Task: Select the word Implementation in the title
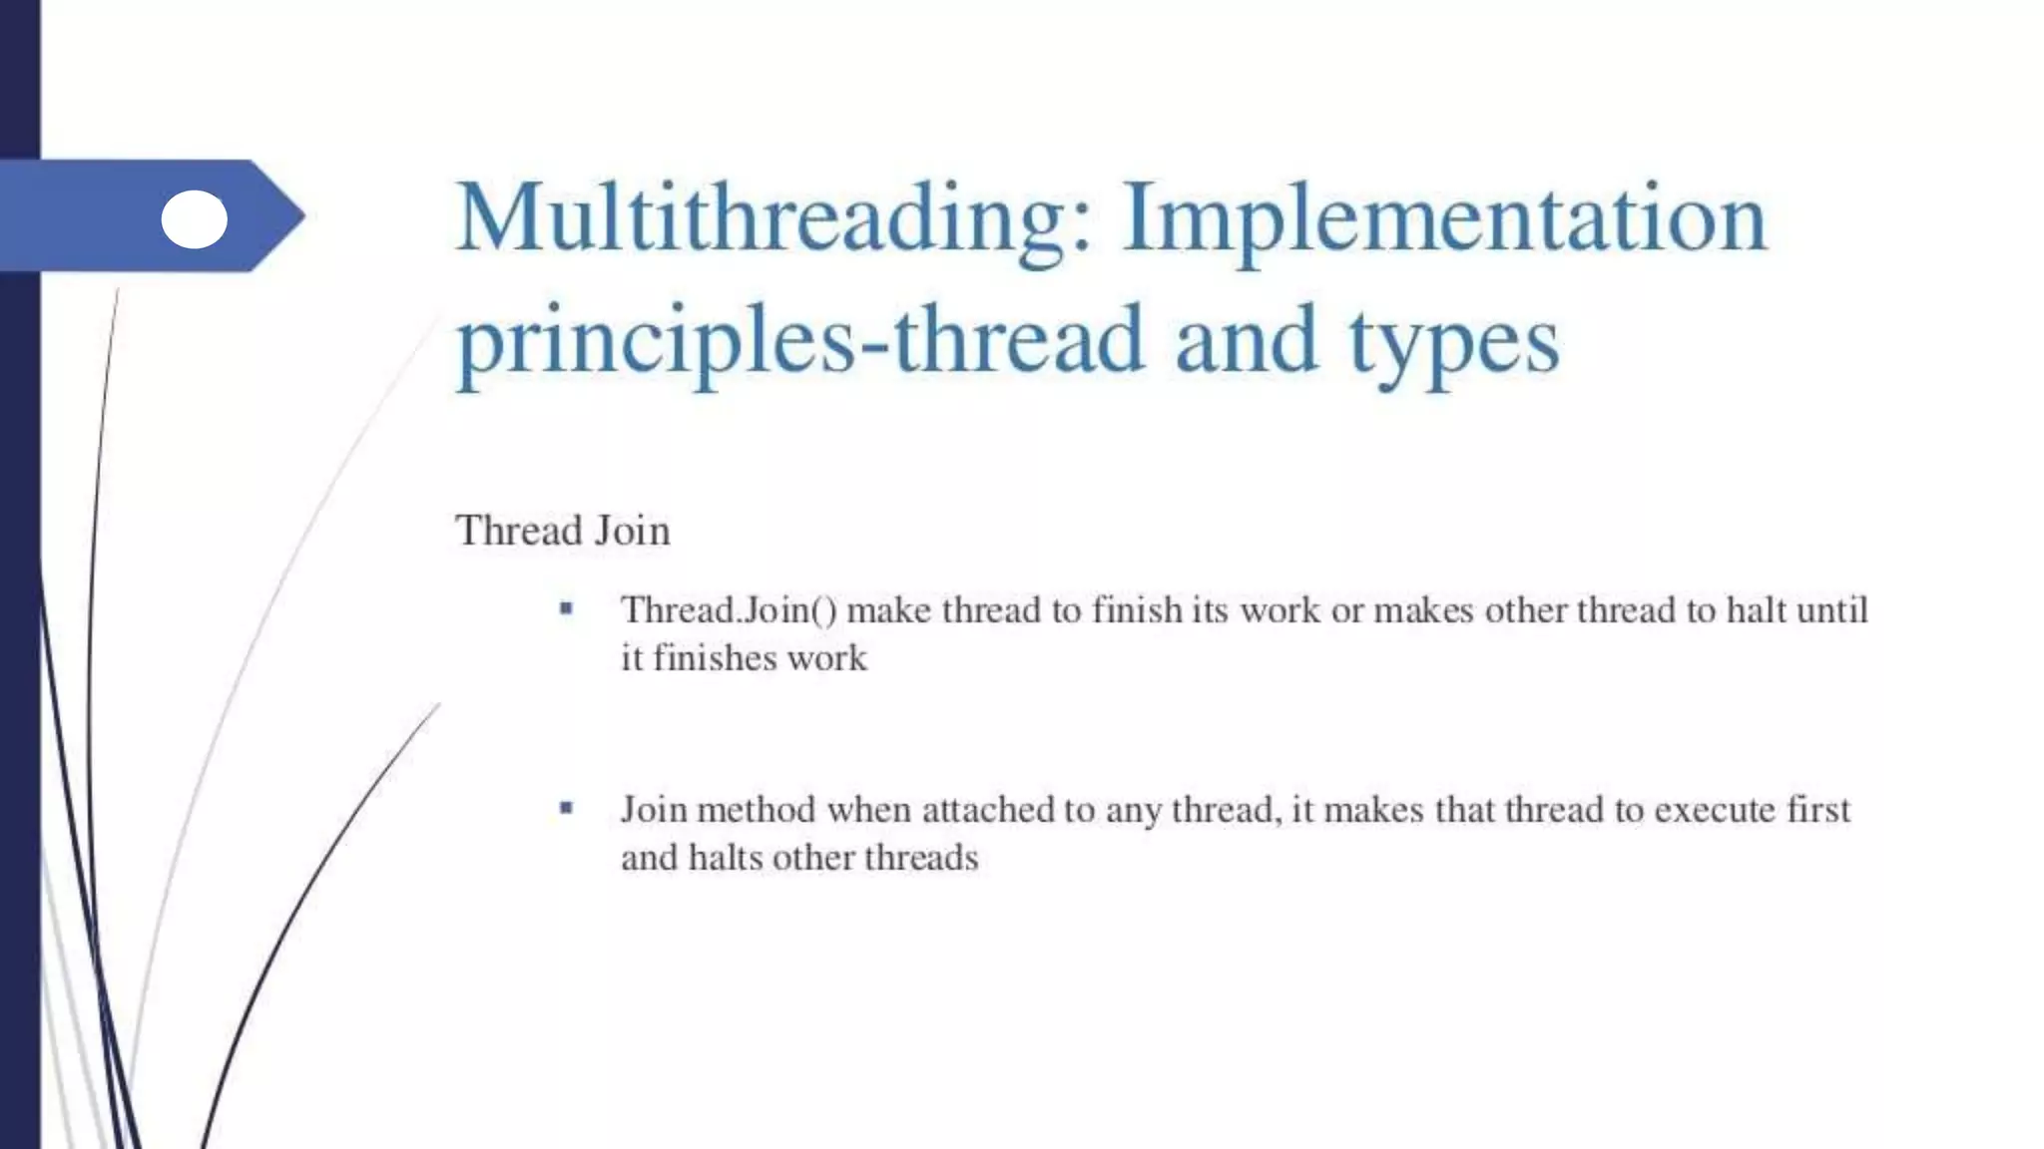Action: tap(1444, 219)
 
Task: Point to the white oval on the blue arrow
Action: tap(195, 219)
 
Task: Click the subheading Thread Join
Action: tap(562, 531)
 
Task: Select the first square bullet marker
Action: tap(567, 608)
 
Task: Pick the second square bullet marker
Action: tap(567, 808)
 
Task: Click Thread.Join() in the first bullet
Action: tap(729, 610)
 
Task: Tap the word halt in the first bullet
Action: tap(1756, 609)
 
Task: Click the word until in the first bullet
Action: tap(1832, 609)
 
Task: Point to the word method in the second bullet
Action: tap(757, 809)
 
